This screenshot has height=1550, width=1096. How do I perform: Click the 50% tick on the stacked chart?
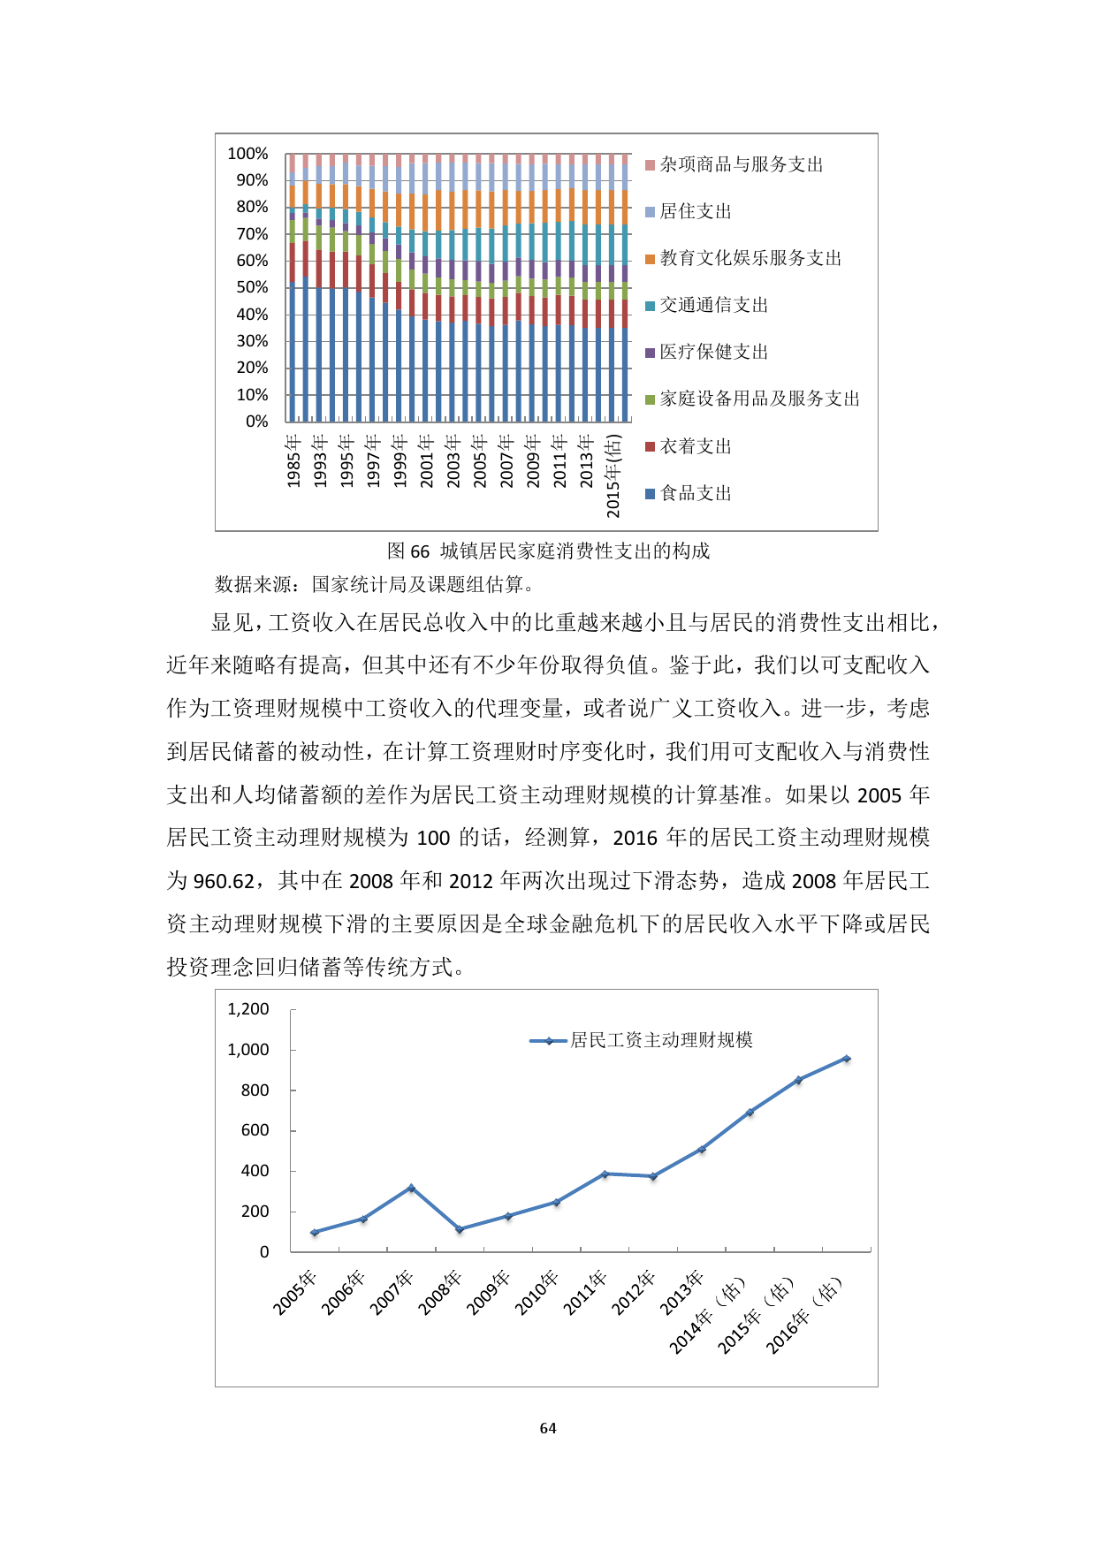252,287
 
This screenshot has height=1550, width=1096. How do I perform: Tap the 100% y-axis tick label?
247,154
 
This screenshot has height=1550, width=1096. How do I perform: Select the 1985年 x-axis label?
293,460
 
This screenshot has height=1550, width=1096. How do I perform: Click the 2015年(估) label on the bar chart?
613,475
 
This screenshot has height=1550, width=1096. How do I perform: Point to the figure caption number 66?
420,551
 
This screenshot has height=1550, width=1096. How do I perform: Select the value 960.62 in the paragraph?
224,881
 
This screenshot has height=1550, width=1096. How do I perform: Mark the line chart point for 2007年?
411,1188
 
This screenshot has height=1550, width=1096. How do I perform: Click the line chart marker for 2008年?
460,1229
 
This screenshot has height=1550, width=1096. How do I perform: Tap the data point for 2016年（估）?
847,1058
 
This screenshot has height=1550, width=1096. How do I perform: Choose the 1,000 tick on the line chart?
248,1050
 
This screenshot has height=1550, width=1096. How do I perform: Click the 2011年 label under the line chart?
586,1293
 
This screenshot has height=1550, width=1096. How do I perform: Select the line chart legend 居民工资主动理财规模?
661,1040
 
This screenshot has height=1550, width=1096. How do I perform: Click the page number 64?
548,1428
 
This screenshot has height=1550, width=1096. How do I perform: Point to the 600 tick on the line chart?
255,1130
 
